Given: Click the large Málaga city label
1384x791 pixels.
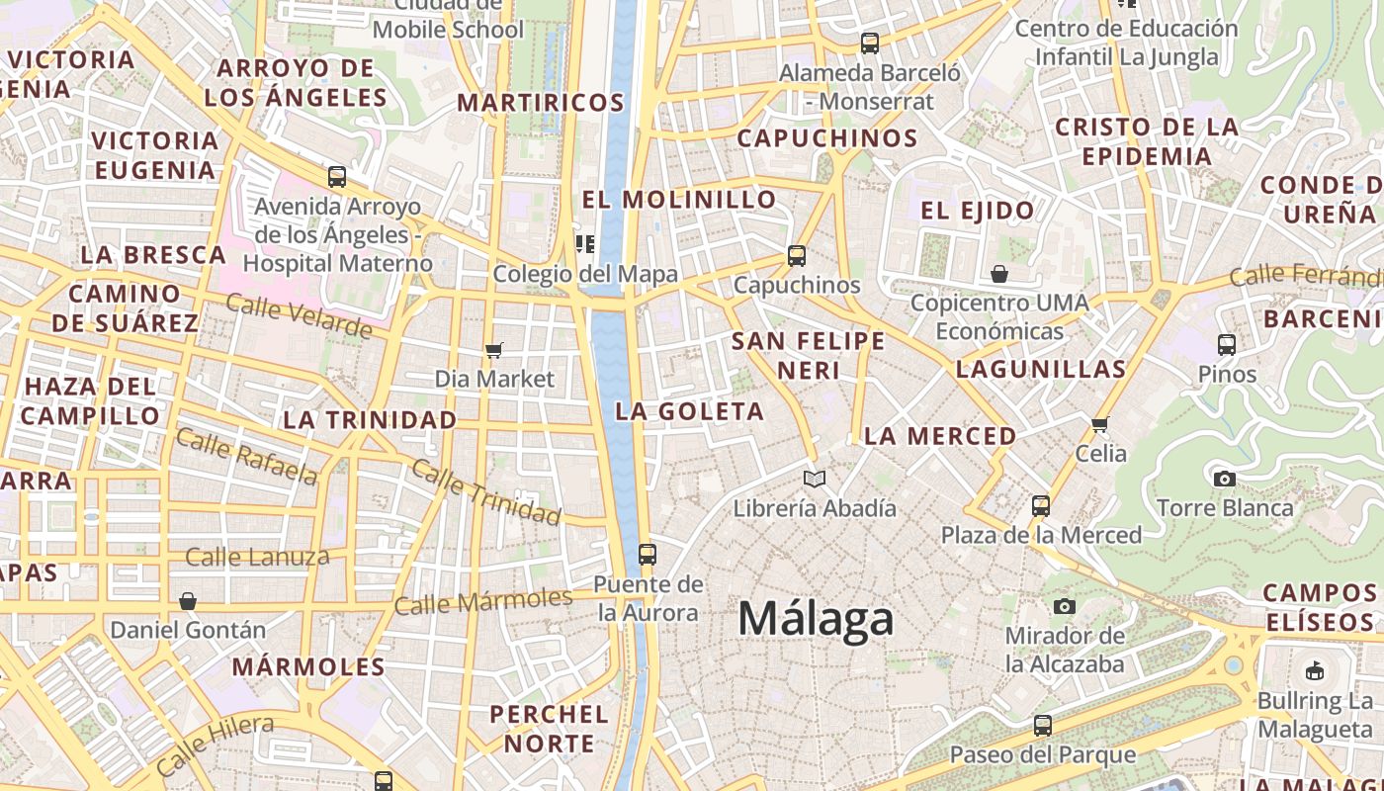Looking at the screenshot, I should tap(816, 619).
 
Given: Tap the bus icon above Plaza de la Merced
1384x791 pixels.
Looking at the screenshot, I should tap(1041, 506).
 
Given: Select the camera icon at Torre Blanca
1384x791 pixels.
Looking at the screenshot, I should tap(1225, 480).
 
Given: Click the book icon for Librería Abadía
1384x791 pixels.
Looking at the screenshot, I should tap(815, 480).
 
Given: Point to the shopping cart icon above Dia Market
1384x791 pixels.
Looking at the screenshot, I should tap(494, 350).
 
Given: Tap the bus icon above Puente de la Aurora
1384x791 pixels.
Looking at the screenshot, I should tap(648, 555).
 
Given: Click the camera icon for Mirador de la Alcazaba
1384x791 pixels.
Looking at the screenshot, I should tap(1065, 606).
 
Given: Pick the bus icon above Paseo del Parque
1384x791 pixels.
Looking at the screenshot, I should tap(1042, 726).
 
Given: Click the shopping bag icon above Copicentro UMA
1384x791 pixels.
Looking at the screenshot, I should tap(999, 274).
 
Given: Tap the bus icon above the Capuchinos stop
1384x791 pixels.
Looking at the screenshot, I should tap(797, 256).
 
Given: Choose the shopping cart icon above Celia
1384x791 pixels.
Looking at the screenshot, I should tap(1100, 425).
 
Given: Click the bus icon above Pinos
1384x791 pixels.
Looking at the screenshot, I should tap(1227, 345).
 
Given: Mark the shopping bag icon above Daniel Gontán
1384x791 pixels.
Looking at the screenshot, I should tap(188, 601).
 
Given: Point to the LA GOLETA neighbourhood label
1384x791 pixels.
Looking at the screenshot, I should tap(690, 411).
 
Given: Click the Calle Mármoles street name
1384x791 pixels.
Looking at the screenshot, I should tap(483, 600).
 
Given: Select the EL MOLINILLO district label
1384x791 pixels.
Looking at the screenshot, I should tap(679, 200).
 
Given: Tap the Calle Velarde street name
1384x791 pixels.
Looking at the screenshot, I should tap(299, 315).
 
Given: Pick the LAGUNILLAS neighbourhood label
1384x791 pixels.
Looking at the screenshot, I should tap(1041, 370).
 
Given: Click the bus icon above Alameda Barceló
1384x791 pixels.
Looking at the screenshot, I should tap(870, 44).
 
